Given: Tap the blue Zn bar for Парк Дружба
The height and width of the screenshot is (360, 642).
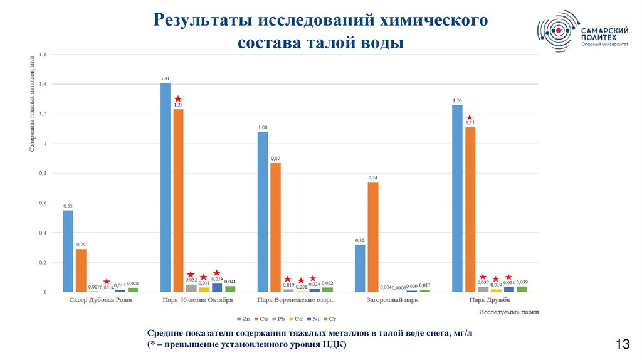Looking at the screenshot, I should pos(457,198).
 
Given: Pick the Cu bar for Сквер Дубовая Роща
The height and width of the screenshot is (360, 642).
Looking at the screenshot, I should pos(81,270).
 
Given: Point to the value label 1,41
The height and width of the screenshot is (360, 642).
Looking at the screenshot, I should pos(166,78).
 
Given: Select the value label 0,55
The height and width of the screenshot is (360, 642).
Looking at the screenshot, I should pos(68,206).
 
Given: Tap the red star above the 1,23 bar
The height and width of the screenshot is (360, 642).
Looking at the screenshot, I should pos(178,99).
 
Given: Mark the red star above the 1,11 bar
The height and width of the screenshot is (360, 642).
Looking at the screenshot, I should pos(469,117).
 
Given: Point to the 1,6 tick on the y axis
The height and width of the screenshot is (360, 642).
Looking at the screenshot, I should pos(43,55).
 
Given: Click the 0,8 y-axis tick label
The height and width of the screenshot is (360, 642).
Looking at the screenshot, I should pos(43,174).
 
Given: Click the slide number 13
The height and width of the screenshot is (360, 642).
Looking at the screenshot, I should pos(622,344).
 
